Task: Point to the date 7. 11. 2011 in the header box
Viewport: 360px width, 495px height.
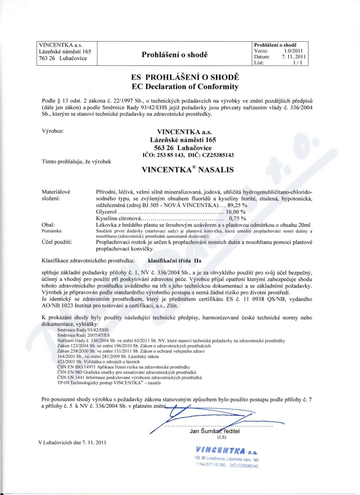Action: (x=294, y=57)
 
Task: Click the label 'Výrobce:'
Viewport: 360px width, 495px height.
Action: (x=52, y=131)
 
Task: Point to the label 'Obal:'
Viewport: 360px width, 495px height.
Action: (x=48, y=224)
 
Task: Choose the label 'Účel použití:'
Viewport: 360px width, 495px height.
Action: (x=57, y=242)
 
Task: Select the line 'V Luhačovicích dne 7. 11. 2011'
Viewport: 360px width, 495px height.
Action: (x=73, y=442)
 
